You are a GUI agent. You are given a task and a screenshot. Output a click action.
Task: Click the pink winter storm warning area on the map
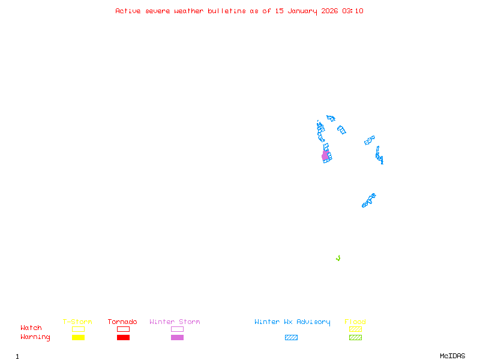tap(325, 156)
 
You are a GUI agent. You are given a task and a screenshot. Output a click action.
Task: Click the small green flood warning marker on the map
tap(338, 258)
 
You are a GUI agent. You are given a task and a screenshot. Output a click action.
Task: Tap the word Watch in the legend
tap(31, 328)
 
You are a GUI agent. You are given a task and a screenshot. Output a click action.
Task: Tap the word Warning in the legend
tap(35, 337)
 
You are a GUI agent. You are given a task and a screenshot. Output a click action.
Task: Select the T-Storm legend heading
tap(77, 322)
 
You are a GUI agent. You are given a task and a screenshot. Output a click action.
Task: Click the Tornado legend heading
tap(122, 322)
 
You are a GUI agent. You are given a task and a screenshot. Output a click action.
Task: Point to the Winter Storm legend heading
tap(175, 322)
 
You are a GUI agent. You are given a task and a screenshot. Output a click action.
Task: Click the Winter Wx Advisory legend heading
tap(292, 322)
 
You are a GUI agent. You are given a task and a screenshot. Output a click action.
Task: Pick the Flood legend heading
tap(355, 322)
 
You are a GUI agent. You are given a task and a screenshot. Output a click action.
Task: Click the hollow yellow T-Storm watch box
tap(78, 329)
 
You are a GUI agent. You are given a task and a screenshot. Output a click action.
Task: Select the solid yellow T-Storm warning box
tap(78, 338)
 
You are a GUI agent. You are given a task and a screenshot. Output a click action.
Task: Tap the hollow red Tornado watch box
tap(123, 329)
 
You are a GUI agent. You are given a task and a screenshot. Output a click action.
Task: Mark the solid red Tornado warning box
tap(123, 338)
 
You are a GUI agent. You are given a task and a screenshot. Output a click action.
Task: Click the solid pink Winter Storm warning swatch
tap(177, 338)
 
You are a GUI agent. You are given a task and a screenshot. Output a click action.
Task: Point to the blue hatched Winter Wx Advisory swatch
tap(291, 338)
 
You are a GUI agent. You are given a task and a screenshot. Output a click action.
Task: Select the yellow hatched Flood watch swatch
tap(355, 329)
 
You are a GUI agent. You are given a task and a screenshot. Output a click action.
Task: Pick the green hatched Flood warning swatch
tap(355, 338)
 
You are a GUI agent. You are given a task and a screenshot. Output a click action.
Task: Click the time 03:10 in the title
tap(353, 11)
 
